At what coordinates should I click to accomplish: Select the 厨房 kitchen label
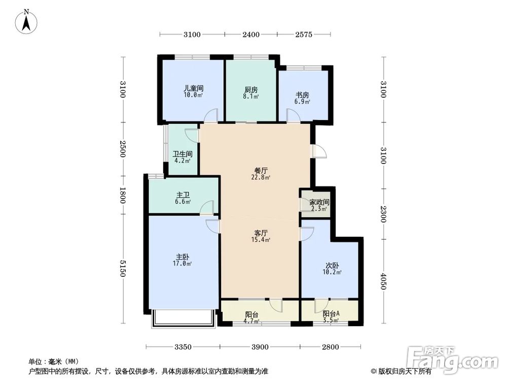click(x=251, y=90)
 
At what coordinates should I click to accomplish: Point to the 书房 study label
click(x=303, y=95)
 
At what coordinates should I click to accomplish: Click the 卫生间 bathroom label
click(x=182, y=154)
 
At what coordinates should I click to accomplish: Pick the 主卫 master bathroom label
click(x=184, y=195)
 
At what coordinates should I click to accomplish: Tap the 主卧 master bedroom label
click(x=184, y=257)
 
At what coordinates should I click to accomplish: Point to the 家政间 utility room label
click(x=319, y=202)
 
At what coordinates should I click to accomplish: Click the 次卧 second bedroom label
click(x=333, y=265)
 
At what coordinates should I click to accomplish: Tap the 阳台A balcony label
click(x=332, y=314)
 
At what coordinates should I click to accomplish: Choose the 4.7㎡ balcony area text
click(x=252, y=321)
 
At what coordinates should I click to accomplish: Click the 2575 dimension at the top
click(x=303, y=35)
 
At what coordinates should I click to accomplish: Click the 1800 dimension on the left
click(x=122, y=196)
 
